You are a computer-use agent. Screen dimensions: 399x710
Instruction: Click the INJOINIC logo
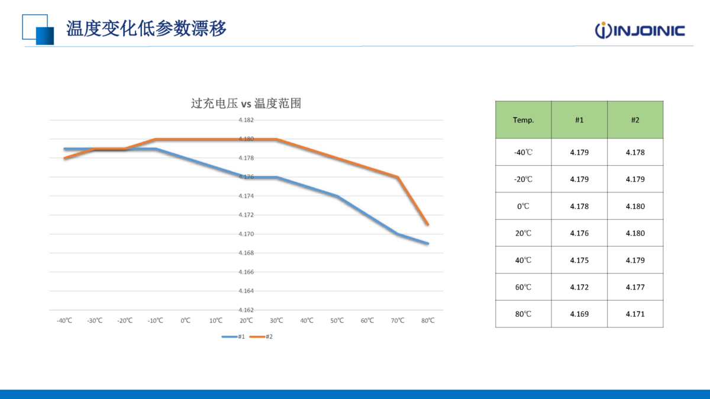point(640,30)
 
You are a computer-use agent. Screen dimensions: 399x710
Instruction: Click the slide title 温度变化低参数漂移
point(146,28)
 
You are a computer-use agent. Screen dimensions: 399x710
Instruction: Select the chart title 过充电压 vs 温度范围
point(246,104)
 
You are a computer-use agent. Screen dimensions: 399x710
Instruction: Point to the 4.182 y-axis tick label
point(246,120)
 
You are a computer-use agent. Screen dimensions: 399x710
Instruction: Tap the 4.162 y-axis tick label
point(246,310)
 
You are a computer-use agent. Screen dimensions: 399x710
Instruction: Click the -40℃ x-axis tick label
point(64,320)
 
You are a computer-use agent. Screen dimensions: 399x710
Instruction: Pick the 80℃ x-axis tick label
point(428,320)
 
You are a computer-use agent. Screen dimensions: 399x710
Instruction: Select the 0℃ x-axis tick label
point(185,320)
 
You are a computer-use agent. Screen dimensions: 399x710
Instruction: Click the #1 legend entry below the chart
point(234,336)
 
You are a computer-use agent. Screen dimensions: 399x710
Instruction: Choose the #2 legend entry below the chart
point(261,336)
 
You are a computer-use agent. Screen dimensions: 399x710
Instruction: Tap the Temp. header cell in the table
point(523,120)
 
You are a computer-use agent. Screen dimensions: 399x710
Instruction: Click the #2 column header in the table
point(635,120)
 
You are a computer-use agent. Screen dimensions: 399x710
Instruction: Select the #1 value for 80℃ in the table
point(579,314)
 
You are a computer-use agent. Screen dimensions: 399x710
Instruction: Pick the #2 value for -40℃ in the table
point(635,152)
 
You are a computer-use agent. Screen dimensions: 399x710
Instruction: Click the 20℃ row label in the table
point(523,233)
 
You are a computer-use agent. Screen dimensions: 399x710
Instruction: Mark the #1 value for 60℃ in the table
point(579,287)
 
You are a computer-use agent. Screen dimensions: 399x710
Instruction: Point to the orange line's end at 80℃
point(428,224)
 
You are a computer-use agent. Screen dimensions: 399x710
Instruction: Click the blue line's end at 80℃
point(428,243)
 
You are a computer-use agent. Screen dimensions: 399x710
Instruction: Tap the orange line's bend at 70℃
point(398,177)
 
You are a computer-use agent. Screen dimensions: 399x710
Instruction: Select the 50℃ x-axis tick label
point(337,320)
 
